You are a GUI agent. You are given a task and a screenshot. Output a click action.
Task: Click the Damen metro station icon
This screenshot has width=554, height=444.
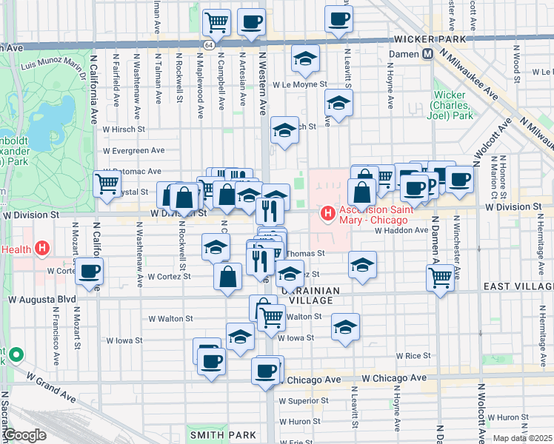coord(427,54)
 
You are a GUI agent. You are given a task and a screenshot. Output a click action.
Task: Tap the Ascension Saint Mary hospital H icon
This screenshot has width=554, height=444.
coord(327,214)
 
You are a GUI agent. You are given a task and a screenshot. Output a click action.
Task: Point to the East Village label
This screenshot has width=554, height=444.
coord(518,286)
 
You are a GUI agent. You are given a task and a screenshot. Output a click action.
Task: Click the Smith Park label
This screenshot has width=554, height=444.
coord(222,435)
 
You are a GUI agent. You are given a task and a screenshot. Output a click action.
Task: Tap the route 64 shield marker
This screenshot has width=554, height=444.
coord(210,44)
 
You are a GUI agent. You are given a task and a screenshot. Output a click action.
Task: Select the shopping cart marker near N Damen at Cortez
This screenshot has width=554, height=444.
coord(441,277)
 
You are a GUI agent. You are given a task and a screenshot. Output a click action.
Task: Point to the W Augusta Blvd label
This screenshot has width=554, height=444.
coord(42,300)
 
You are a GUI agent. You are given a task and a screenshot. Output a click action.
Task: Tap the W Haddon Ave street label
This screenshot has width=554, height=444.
coord(400,230)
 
